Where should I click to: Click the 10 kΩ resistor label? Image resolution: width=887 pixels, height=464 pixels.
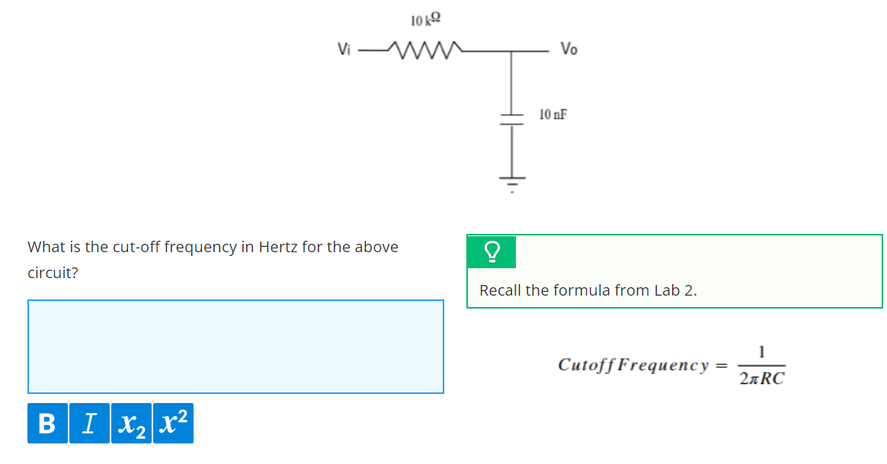coord(425,19)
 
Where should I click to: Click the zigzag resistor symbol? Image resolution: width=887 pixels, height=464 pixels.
coord(422,50)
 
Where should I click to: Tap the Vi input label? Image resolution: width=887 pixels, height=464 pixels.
coord(344,50)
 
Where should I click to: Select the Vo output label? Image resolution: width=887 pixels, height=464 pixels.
coord(568,50)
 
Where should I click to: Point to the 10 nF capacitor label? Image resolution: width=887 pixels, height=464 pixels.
coord(552,115)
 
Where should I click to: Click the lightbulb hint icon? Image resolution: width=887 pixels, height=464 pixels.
coord(492,251)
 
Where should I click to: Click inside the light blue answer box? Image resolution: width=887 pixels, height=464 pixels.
coord(235,347)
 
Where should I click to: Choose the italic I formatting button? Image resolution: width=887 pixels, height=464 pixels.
coord(90,423)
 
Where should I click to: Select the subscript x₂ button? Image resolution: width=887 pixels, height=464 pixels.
coord(131,423)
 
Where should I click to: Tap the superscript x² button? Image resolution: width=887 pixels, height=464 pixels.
coord(173,423)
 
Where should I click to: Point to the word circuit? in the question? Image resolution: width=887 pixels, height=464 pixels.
coord(53,273)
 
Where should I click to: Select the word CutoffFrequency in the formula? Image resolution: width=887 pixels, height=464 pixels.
coord(633,364)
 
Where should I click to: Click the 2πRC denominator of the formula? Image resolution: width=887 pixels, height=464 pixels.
coord(761,379)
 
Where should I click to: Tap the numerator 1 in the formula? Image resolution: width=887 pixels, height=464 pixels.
coord(761,352)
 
